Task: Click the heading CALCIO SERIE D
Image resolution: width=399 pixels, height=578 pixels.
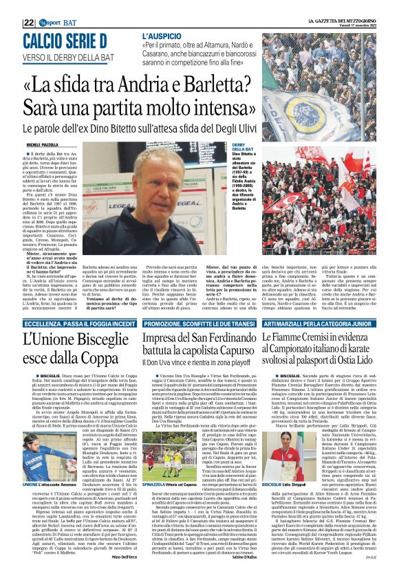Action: point(65,41)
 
